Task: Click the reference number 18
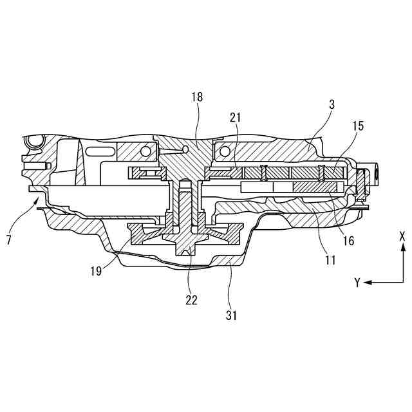(x=197, y=97)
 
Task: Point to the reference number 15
(x=358, y=126)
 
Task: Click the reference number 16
(x=348, y=241)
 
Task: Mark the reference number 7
(x=9, y=239)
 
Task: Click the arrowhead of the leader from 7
(x=37, y=200)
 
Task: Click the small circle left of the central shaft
(x=147, y=151)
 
